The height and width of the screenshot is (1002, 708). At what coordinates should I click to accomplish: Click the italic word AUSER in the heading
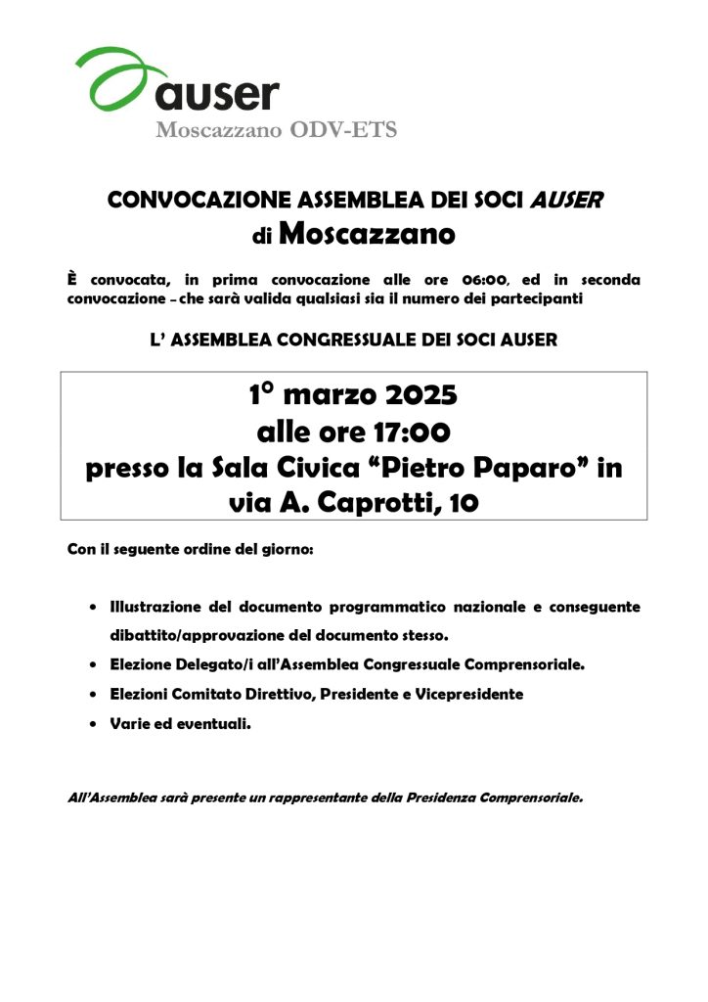(x=566, y=201)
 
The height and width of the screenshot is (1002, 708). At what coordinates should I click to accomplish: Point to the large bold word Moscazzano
(x=367, y=235)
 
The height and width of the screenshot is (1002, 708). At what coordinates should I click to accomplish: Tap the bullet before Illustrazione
(x=92, y=608)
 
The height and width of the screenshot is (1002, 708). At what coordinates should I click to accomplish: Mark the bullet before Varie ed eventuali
(x=92, y=724)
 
